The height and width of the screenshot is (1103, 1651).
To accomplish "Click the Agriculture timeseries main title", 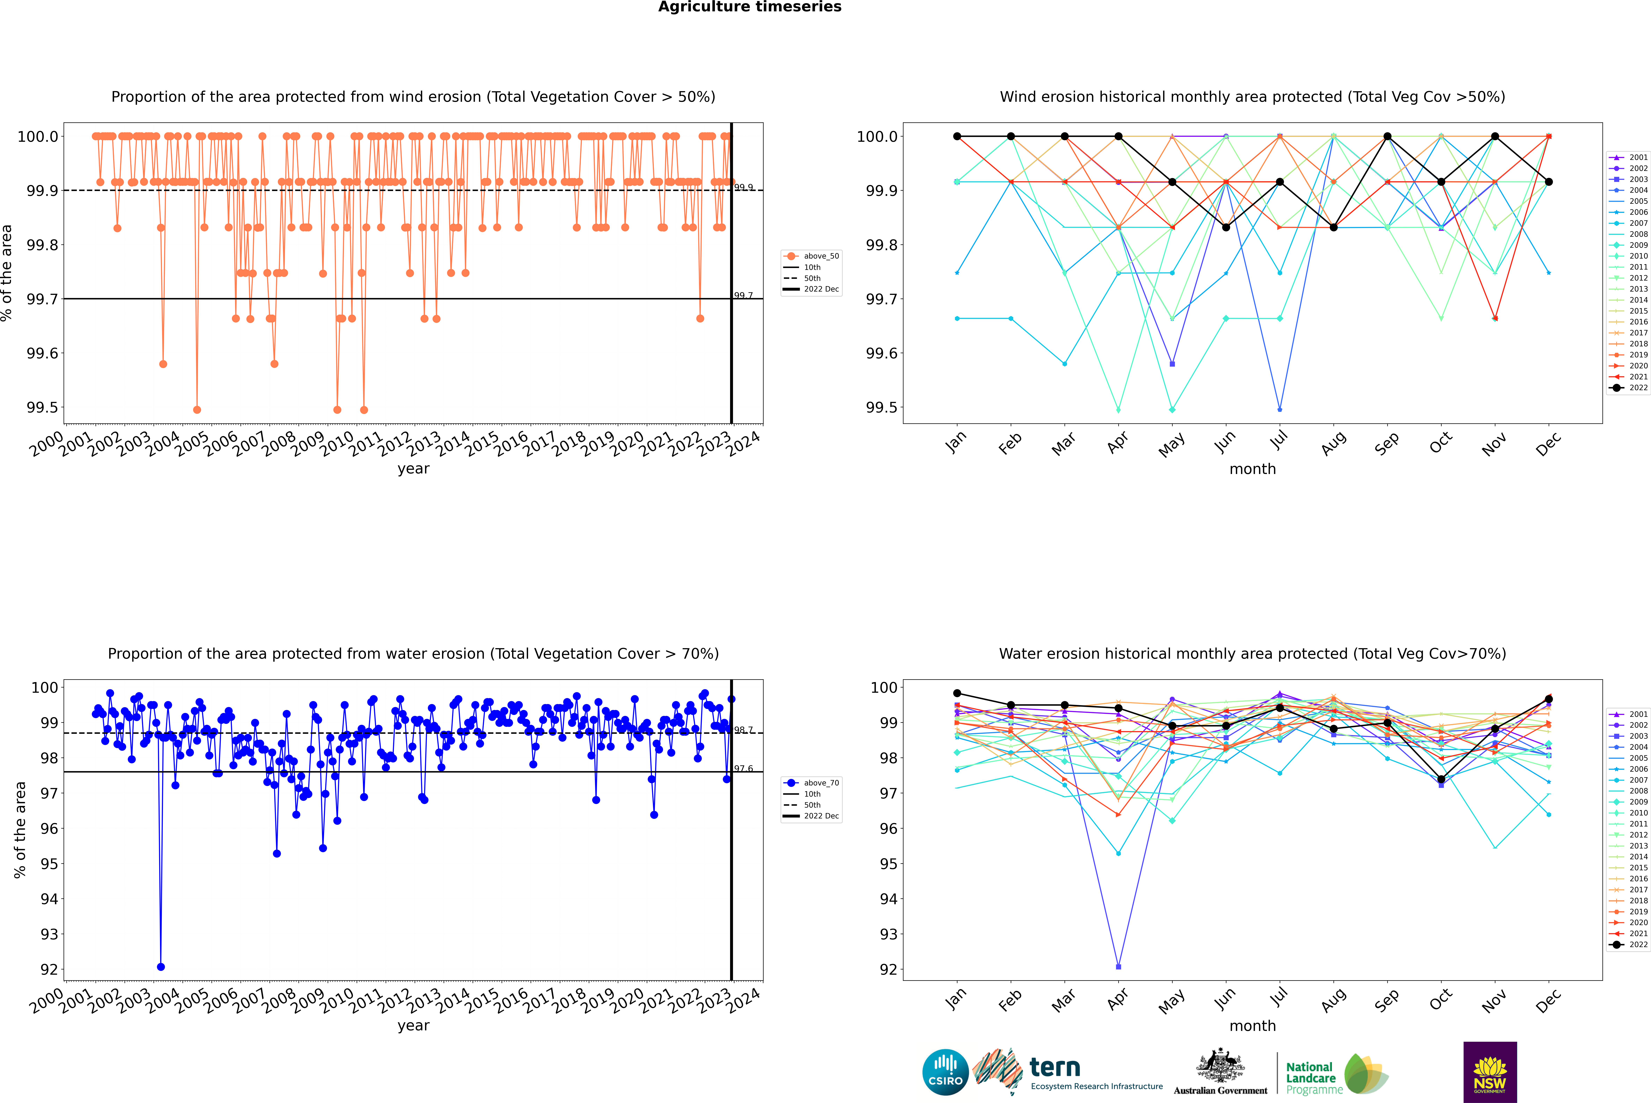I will click(x=749, y=7).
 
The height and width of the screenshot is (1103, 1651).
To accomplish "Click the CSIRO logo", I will click(x=945, y=1072).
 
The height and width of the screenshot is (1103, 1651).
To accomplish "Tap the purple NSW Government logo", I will click(x=1490, y=1072).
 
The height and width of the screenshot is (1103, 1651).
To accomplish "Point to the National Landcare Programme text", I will click(x=1310, y=1078).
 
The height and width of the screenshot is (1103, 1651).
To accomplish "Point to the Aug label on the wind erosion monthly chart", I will click(x=1334, y=443).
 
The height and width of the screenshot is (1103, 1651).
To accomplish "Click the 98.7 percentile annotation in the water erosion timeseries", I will click(x=743, y=730).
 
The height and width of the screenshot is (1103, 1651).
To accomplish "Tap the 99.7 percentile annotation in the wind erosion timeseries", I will click(x=743, y=295).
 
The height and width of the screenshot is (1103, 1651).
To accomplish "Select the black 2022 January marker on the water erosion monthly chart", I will click(x=957, y=694).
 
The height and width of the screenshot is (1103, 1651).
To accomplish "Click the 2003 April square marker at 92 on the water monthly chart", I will click(x=1118, y=966).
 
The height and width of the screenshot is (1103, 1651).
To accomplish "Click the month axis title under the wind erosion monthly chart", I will click(x=1252, y=469).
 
